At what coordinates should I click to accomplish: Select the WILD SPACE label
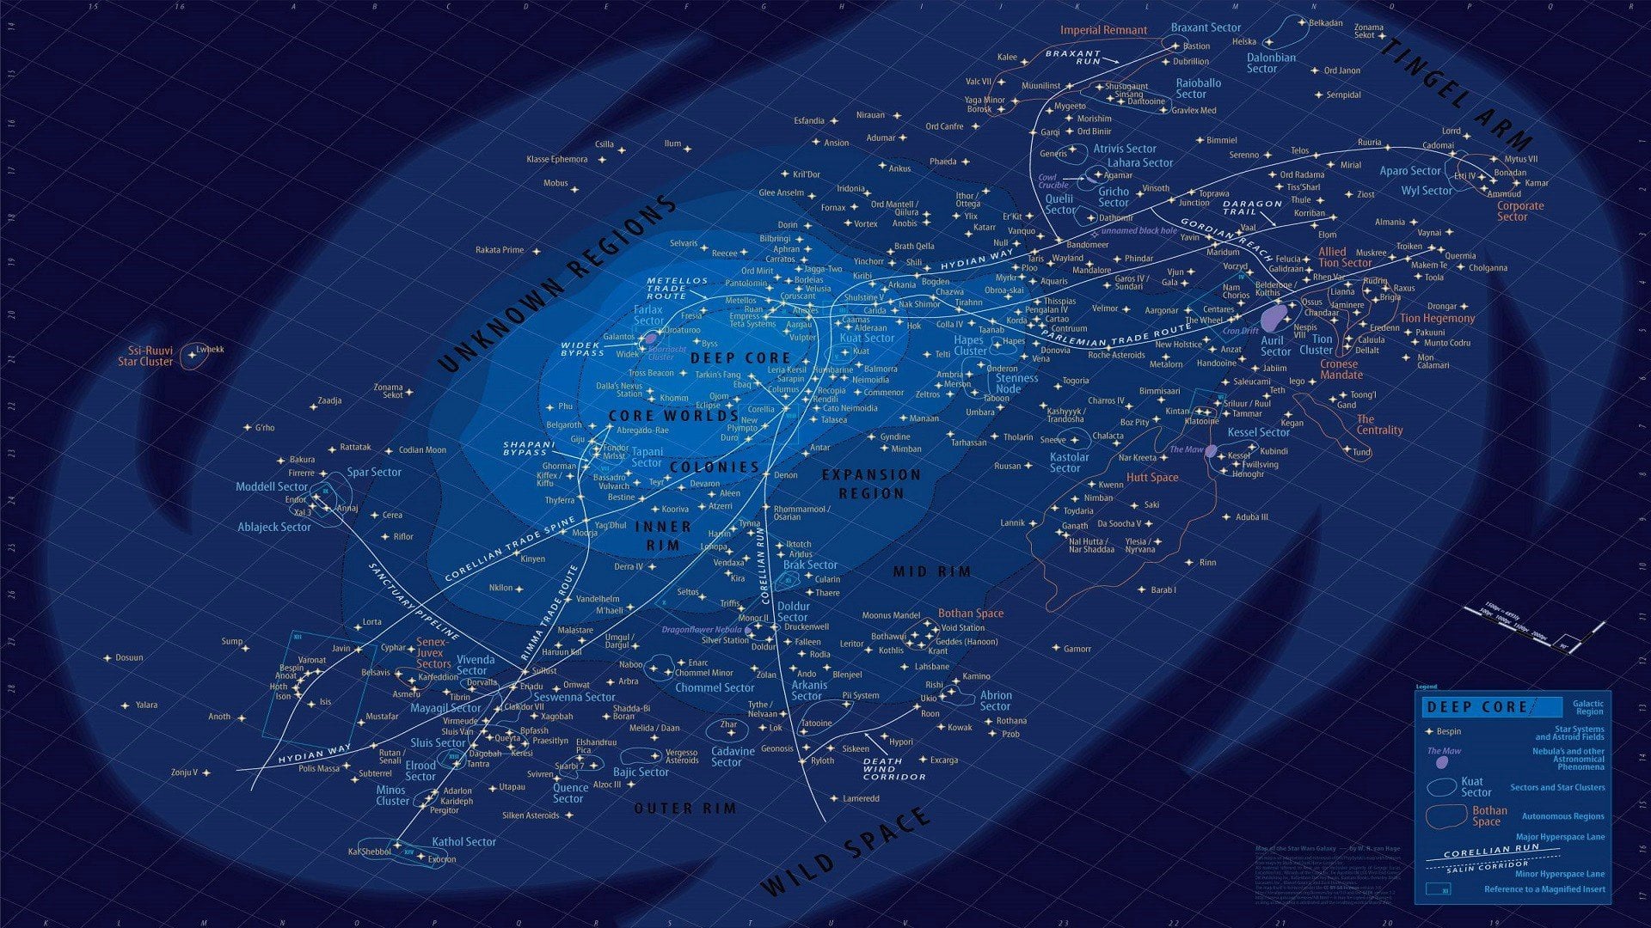coord(846,851)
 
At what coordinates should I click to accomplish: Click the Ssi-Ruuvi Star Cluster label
coord(145,356)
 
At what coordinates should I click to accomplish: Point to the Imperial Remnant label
coord(1103,30)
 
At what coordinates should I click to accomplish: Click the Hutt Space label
coord(1152,478)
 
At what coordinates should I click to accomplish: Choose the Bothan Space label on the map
coord(971,614)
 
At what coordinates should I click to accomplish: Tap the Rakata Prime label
coord(500,250)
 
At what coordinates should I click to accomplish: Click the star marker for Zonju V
coord(206,772)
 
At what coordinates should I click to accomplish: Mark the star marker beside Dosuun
coord(107,658)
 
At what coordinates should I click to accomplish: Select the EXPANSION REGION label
coord(871,484)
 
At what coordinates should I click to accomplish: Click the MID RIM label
coord(932,571)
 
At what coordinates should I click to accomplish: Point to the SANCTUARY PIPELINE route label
coord(414,601)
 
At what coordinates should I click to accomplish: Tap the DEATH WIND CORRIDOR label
coord(893,768)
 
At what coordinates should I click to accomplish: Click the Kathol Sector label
coord(463,842)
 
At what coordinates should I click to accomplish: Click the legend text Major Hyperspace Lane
coord(1560,837)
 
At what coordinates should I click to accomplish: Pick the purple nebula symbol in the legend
coord(1443,762)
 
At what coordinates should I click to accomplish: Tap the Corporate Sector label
coord(1520,211)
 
